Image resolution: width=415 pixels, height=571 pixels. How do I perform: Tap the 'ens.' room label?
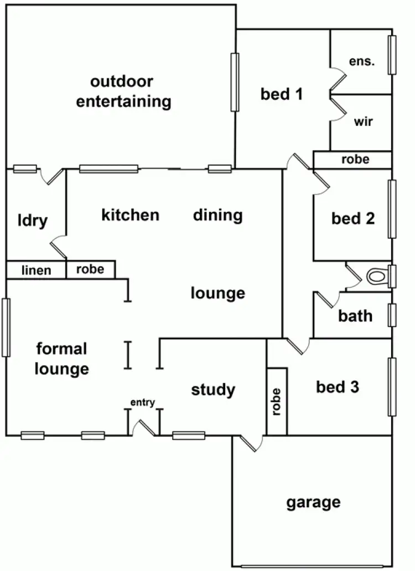point(362,61)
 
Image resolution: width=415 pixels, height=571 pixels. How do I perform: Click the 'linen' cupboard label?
point(37,270)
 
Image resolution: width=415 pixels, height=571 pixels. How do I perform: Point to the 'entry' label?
point(142,402)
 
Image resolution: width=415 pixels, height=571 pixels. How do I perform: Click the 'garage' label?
point(313,503)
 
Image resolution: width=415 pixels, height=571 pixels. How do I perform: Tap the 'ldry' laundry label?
point(32,221)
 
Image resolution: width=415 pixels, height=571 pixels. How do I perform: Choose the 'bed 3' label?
point(338,387)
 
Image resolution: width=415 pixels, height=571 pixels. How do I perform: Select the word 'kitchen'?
point(130,214)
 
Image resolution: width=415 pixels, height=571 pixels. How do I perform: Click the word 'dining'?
point(218,214)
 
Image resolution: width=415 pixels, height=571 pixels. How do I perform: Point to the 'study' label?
point(213,390)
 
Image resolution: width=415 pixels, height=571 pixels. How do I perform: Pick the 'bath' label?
point(355,316)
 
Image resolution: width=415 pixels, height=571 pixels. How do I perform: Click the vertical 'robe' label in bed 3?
point(277,402)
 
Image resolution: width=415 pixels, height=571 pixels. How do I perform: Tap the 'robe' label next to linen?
point(90,270)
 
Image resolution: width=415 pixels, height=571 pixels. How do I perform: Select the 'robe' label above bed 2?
point(355,160)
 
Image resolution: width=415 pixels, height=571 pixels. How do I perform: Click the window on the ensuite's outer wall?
point(392,55)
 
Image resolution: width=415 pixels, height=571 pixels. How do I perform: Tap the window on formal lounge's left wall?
point(6,327)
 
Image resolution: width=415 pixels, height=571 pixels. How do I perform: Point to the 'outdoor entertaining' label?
point(123,92)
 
